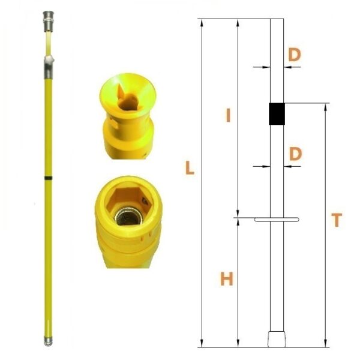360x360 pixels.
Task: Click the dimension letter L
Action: [190, 167]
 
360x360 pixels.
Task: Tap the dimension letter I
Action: [228, 115]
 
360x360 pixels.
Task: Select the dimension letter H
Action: [227, 279]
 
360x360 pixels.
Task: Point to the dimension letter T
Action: [337, 220]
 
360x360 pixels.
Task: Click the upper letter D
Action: [295, 55]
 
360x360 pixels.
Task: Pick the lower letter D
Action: [295, 154]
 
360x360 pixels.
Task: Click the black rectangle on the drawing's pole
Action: [277, 114]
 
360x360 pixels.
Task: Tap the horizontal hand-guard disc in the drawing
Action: [277, 220]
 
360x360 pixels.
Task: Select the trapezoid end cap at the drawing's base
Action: [277, 339]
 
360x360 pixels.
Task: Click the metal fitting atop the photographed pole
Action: [48, 22]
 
